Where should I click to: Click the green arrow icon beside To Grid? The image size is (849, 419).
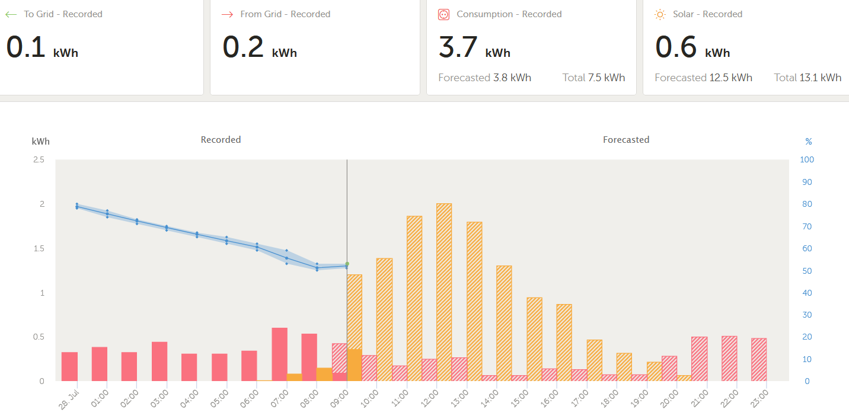pos(11,15)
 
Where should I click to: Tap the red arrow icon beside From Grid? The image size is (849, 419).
pos(228,15)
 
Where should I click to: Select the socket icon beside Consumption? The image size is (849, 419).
pos(444,15)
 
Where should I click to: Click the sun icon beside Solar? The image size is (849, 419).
pos(660,15)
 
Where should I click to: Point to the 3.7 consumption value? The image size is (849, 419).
pos(458,47)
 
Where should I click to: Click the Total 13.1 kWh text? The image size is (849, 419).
pos(807,78)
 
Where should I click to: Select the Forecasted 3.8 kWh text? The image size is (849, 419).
pos(485,78)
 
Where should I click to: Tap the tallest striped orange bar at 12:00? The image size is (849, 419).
pos(444,292)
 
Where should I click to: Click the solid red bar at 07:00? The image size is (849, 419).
pos(279,354)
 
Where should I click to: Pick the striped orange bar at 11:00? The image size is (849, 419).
pos(414,299)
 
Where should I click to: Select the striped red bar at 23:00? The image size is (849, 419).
pos(759,360)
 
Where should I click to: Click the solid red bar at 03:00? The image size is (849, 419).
pos(159,362)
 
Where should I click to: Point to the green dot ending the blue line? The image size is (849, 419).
pos(347,264)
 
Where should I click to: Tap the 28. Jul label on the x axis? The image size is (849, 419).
pos(69,399)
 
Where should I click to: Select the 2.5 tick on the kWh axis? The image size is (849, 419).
pos(39,159)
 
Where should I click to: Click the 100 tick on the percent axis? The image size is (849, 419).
pos(807,159)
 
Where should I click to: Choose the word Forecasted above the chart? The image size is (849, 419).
pos(626,140)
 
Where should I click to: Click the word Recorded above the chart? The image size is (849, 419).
pos(221,140)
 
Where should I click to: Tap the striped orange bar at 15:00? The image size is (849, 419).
pos(534,340)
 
